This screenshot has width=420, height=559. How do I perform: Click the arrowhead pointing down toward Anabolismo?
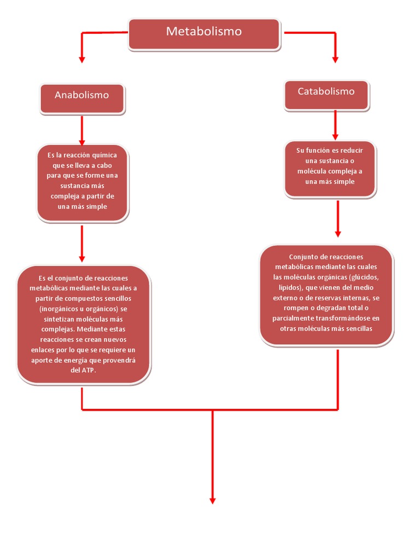(82, 58)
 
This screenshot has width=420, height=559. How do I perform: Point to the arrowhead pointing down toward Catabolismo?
(335, 58)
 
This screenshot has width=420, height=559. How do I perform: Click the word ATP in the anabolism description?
(88, 370)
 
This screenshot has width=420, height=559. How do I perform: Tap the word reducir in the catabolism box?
(351, 150)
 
